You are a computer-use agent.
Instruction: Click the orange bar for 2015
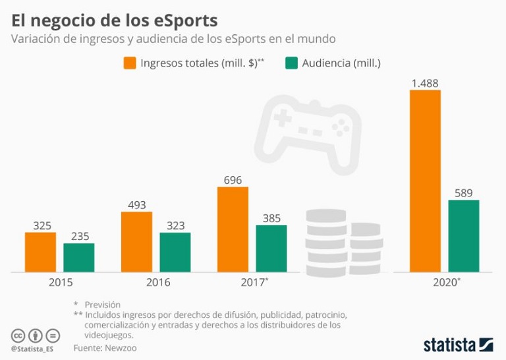pos(40,252)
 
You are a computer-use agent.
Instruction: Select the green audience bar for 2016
pos(175,252)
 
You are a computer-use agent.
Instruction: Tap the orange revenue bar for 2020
pos(425,181)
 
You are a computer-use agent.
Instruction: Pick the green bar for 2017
pos(271,249)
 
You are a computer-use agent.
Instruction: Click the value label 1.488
pos(425,83)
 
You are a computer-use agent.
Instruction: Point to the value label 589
pos(463,193)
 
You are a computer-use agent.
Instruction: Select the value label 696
pos(233,180)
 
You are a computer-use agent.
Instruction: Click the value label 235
pos(79,236)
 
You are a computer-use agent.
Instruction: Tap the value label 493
pos(136,205)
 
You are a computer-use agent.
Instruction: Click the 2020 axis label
pos(445,283)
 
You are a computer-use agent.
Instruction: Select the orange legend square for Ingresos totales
pos(129,63)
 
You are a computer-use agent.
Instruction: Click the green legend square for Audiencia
pos(291,63)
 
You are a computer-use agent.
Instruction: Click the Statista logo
pos(457,345)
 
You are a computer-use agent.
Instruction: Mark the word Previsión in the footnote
pos(102,305)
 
